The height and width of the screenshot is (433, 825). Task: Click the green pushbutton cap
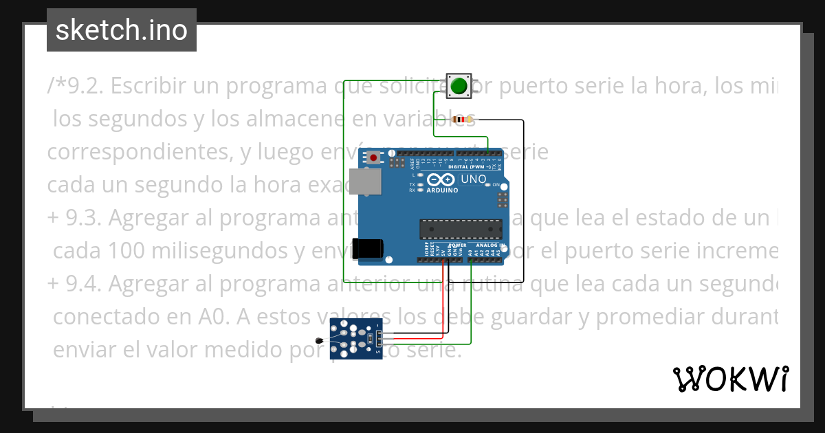point(459,87)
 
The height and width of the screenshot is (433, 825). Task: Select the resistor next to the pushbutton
point(462,120)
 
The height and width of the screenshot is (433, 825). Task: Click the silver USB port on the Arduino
point(365,181)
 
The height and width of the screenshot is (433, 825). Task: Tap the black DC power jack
point(365,248)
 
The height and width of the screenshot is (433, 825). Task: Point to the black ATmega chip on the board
point(461,229)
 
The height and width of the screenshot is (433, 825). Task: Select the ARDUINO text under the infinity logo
point(442,190)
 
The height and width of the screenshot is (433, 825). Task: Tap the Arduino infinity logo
point(441,180)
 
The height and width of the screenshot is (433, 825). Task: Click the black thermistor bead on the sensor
point(318,340)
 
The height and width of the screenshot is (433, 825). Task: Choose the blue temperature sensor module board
point(355,338)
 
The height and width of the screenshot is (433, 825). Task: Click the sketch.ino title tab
point(122,30)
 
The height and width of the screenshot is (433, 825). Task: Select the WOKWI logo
point(730,379)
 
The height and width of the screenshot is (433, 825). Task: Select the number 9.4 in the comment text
point(84,284)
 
